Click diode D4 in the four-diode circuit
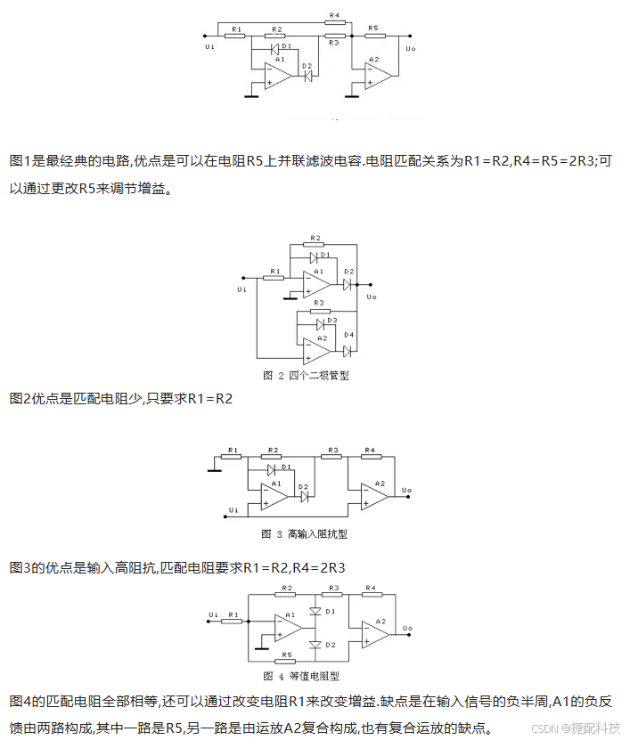point(348,350)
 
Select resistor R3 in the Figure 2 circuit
point(317,311)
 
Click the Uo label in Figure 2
point(372,296)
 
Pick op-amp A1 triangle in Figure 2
point(316,284)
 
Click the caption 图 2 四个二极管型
point(306,375)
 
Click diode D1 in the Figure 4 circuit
point(315,612)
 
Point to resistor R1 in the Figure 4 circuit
point(233,621)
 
